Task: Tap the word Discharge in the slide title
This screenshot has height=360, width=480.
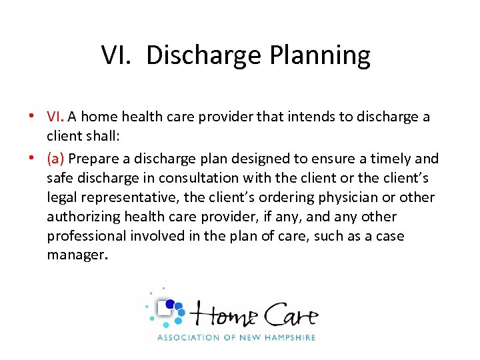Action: click(203, 55)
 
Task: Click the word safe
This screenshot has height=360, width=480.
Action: click(59, 178)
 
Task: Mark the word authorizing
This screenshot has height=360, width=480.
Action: click(79, 217)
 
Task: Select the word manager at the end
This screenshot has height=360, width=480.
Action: click(75, 256)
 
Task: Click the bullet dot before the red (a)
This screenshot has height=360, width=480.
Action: click(31, 159)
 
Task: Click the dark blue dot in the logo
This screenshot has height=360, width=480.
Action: click(169, 304)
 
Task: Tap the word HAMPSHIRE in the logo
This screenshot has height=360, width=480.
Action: click(283, 338)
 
